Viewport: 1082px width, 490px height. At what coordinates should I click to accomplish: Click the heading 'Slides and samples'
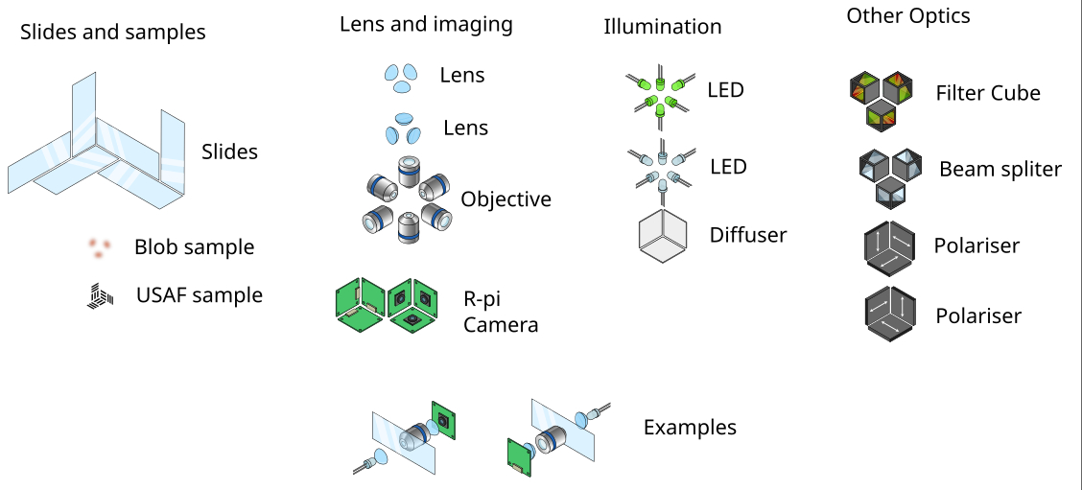pos(113,33)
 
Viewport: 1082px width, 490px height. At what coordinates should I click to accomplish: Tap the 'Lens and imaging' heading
pos(426,24)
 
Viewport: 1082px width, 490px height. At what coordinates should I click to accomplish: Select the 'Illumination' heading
pos(662,27)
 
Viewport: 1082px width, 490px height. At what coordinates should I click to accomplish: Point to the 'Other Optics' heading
pos(907,16)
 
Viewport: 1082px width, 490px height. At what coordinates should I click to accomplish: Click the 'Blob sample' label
pos(194,247)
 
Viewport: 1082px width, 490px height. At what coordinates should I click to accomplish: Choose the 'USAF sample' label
pos(200,295)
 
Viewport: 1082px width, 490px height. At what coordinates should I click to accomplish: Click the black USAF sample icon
pos(99,297)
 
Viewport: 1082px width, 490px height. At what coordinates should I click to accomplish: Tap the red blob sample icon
pos(98,248)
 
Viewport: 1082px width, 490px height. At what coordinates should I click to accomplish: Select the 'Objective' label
pos(506,199)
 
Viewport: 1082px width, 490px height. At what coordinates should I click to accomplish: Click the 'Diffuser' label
pos(748,235)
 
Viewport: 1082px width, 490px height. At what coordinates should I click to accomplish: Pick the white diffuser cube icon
pos(663,235)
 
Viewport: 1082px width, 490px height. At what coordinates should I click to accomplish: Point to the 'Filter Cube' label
pos(988,93)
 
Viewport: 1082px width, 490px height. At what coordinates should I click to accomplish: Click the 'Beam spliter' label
pos(1000,170)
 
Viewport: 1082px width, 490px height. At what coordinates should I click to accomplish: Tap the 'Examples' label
pos(690,428)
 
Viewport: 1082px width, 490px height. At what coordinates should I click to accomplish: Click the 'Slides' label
pos(229,152)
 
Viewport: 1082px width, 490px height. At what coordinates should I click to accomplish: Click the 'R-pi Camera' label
pos(500,312)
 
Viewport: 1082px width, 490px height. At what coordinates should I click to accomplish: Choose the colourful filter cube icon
pos(880,99)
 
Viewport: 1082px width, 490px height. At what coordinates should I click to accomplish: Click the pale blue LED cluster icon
pos(660,166)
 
